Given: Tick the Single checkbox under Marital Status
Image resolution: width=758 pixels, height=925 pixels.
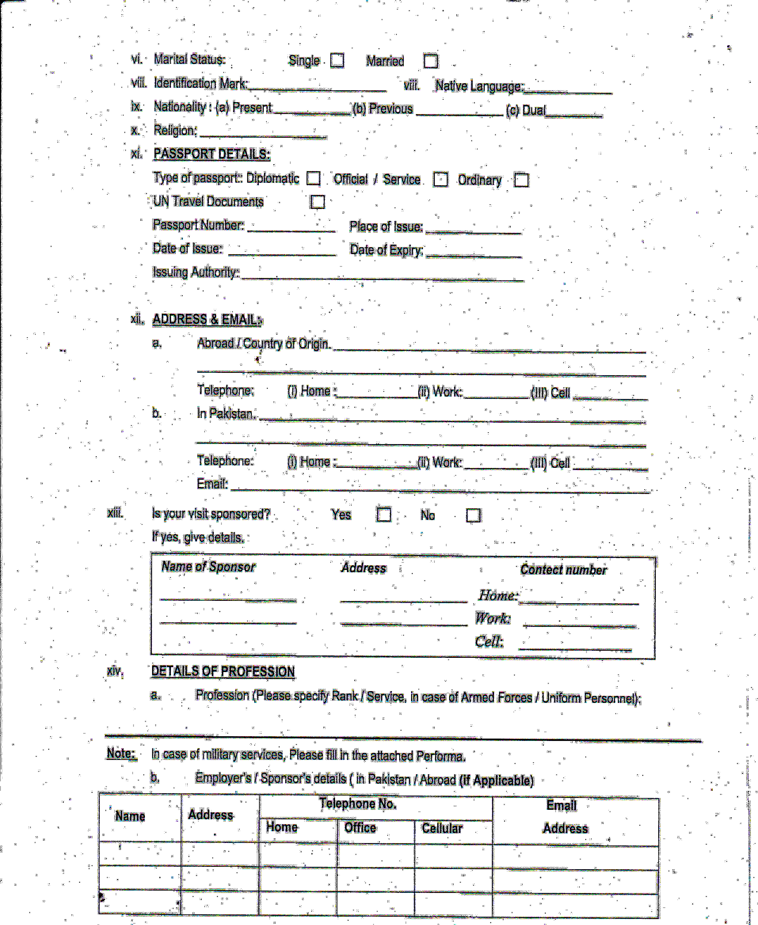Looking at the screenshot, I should (x=337, y=60).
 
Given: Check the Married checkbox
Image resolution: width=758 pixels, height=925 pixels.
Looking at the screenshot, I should (x=430, y=61).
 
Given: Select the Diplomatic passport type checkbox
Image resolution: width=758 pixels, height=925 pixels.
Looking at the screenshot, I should (x=313, y=178).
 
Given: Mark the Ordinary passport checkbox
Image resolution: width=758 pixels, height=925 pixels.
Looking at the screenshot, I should (x=521, y=180).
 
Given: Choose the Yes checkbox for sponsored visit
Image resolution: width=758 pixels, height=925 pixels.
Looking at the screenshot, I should (x=384, y=514).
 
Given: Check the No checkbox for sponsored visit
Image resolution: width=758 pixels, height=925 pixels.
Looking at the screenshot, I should (x=473, y=515).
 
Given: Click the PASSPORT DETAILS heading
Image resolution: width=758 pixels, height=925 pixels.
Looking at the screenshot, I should (x=212, y=154).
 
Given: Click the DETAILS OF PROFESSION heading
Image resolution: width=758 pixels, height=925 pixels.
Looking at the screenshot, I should (x=223, y=671).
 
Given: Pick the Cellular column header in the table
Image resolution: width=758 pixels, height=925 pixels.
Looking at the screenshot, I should (x=442, y=828).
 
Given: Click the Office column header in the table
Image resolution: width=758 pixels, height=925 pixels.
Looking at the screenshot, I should (x=360, y=828).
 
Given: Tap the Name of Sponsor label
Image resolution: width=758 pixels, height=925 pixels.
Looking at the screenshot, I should (x=208, y=567).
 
